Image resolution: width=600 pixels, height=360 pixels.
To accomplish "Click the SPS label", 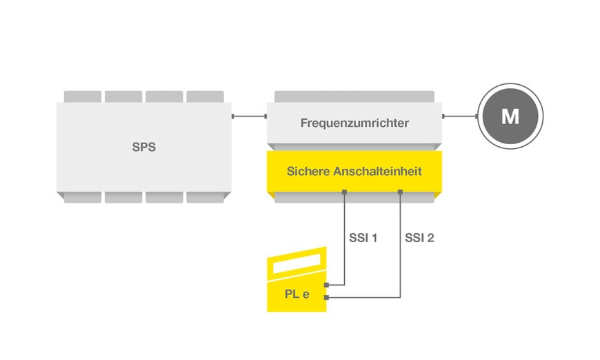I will pyautogui.click(x=143, y=147).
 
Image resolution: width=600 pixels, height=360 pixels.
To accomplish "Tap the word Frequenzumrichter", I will pyautogui.click(x=354, y=123).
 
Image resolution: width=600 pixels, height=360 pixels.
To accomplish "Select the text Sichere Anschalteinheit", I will pyautogui.click(x=354, y=170).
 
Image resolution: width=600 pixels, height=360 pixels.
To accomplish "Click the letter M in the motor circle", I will pyautogui.click(x=510, y=117).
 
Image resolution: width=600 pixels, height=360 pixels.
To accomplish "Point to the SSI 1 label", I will pyautogui.click(x=363, y=239).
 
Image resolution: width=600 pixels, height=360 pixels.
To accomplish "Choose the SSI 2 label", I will pyautogui.click(x=419, y=239).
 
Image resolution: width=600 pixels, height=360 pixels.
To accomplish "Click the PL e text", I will pyautogui.click(x=297, y=294).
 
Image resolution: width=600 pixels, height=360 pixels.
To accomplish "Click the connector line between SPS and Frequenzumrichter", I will pyautogui.click(x=249, y=116).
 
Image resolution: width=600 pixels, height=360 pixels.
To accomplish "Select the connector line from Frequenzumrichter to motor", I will pyautogui.click(x=460, y=116).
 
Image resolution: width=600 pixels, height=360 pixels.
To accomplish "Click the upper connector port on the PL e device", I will pyautogui.click(x=327, y=283).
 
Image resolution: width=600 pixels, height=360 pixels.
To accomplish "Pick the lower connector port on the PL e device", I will pyautogui.click(x=327, y=298).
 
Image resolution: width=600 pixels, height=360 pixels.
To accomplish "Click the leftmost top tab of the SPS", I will pyautogui.click(x=82, y=97).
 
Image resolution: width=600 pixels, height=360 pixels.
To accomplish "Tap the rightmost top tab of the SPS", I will pyautogui.click(x=205, y=97).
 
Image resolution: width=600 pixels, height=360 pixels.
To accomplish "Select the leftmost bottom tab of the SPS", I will pyautogui.click(x=82, y=197).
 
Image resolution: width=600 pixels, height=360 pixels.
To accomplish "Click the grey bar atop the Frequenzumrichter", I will pyautogui.click(x=354, y=96).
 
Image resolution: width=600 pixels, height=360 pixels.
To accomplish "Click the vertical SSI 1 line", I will pyautogui.click(x=344, y=248).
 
